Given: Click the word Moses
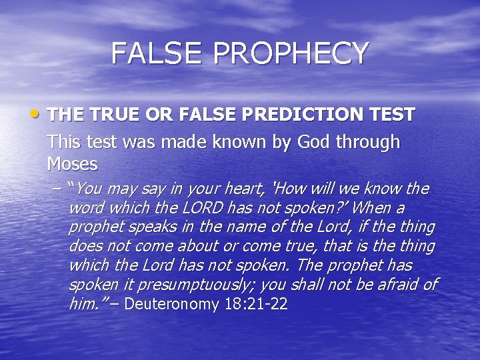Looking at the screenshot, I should [x=73, y=163].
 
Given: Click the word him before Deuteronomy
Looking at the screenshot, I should [x=85, y=305].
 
